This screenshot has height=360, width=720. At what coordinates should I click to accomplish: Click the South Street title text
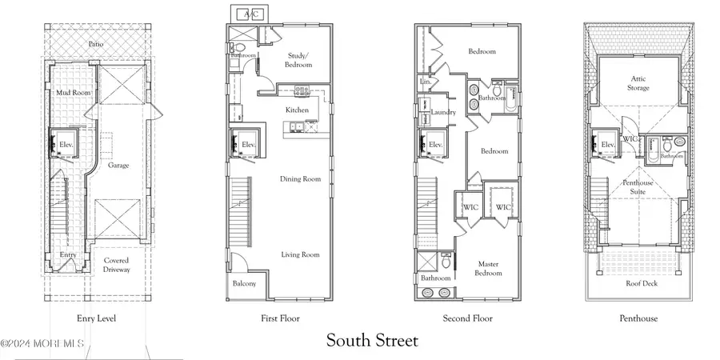(x=372, y=341)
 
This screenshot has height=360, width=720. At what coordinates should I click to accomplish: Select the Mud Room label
(x=73, y=93)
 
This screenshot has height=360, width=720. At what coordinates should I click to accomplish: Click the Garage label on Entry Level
(x=119, y=166)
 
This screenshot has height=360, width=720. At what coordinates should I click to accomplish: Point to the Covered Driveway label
(x=116, y=265)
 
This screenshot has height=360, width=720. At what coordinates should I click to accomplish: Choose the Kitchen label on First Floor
(x=298, y=110)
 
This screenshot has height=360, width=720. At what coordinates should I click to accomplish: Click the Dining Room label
(x=301, y=179)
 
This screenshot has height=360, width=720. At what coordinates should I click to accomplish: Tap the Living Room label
(x=300, y=254)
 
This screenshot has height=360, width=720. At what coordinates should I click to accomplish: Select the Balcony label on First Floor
(x=245, y=284)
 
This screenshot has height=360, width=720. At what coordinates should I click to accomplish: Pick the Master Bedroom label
(x=489, y=268)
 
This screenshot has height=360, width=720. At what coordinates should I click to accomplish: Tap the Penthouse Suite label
(x=638, y=186)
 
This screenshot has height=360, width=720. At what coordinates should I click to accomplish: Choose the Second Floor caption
(x=469, y=318)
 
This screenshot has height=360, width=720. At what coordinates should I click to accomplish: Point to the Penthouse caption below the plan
(x=638, y=318)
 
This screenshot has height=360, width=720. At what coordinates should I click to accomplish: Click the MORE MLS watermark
(x=42, y=345)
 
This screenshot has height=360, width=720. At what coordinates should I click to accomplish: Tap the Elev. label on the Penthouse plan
(x=607, y=145)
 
